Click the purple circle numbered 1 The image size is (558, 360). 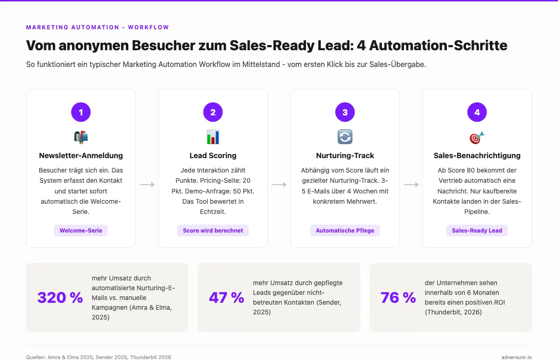(81, 112)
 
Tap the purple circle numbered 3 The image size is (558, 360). (345, 112)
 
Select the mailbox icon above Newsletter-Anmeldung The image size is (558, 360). (81, 137)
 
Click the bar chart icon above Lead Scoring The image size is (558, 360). (213, 137)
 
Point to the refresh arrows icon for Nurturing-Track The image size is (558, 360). (345, 137)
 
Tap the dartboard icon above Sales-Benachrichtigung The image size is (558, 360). (477, 137)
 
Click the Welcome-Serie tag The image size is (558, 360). (81, 230)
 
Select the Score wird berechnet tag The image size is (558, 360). (213, 230)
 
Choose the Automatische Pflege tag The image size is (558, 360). (345, 230)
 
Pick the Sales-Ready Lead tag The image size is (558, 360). (477, 230)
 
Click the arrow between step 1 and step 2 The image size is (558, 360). (147, 185)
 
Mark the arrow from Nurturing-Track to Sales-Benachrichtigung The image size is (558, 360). (411, 185)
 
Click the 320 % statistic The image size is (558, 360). (60, 298)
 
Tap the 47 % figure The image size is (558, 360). (226, 298)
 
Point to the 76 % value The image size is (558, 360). (398, 298)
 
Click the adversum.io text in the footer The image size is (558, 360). (517, 357)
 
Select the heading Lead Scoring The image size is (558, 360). (213, 155)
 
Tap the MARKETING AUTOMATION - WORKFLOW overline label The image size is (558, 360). (98, 27)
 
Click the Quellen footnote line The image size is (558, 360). (99, 357)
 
